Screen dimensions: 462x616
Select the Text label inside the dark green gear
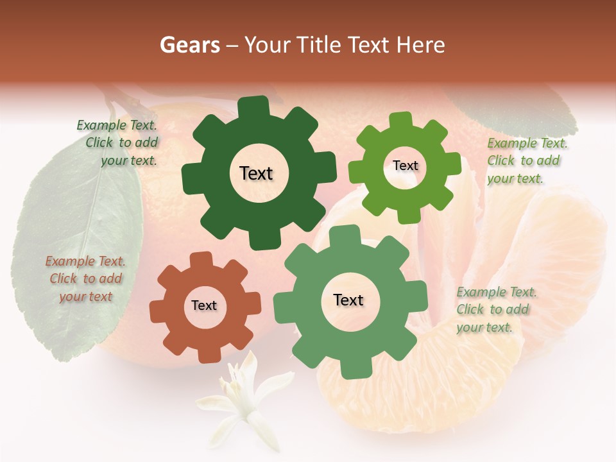point(256,173)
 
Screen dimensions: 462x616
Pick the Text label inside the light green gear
point(405,166)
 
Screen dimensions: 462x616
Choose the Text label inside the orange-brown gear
point(204,306)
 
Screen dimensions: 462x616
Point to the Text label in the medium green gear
point(348,300)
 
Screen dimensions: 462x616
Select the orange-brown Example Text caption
point(85,279)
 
